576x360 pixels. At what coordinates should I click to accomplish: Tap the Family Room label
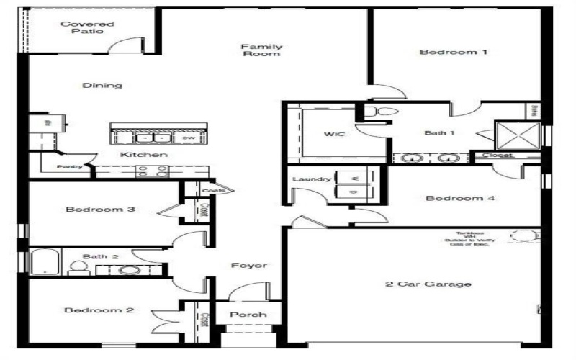point(261,50)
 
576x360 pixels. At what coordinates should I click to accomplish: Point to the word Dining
point(102,85)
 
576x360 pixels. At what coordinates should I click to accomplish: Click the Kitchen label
point(144,155)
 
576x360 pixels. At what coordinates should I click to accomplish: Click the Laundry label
point(312,179)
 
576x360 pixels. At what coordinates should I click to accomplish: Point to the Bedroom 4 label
point(459,198)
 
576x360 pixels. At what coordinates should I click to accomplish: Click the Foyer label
point(249,266)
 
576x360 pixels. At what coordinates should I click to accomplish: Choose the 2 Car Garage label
point(428,284)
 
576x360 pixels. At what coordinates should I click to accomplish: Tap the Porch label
point(248,315)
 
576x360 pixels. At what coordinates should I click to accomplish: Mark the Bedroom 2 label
point(99,310)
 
